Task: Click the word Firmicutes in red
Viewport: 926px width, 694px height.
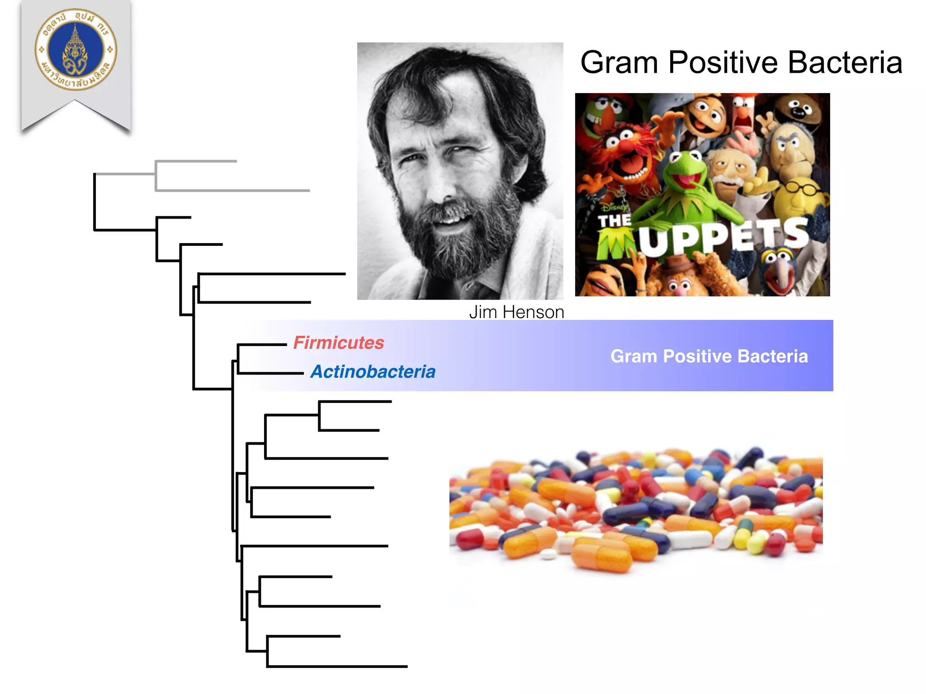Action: click(339, 342)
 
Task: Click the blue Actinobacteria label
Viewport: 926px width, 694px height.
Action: click(373, 371)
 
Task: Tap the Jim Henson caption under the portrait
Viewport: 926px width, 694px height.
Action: click(516, 312)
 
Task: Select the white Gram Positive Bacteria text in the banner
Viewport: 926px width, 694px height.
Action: click(709, 356)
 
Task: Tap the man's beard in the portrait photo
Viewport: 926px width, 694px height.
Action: click(457, 244)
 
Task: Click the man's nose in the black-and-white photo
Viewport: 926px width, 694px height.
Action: click(441, 185)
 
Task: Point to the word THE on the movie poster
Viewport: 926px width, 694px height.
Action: click(614, 221)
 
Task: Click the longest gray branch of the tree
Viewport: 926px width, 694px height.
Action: click(233, 191)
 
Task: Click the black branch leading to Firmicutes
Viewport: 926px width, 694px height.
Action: click(262, 345)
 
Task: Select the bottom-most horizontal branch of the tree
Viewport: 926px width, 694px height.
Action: click(337, 666)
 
